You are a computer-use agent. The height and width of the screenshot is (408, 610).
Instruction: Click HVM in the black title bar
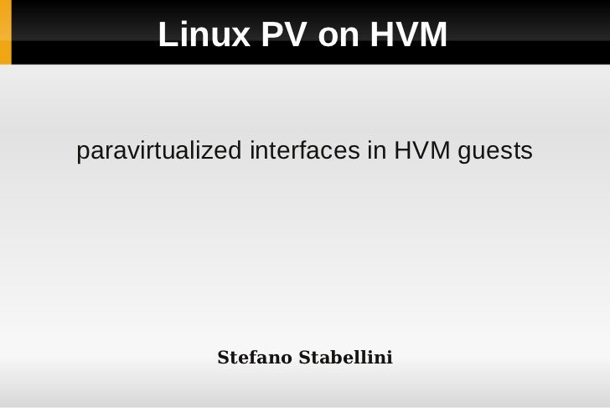[409, 35]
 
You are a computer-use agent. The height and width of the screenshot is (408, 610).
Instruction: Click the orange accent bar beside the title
[5, 32]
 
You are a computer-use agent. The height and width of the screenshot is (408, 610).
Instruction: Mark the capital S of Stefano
[223, 358]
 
